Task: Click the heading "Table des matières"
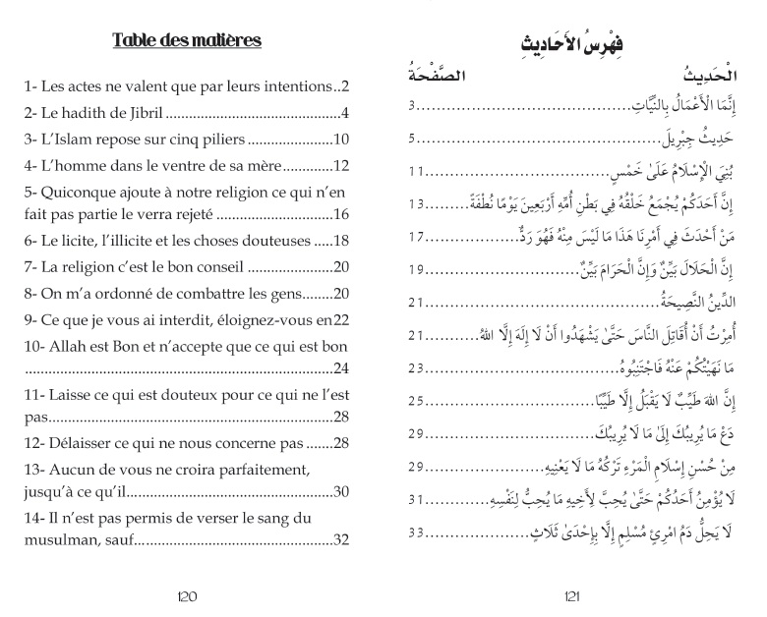[187, 40]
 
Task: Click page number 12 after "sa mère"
[342, 164]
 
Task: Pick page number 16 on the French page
[342, 214]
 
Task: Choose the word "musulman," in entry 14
[62, 539]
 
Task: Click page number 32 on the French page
[342, 539]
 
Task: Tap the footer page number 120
[187, 594]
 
